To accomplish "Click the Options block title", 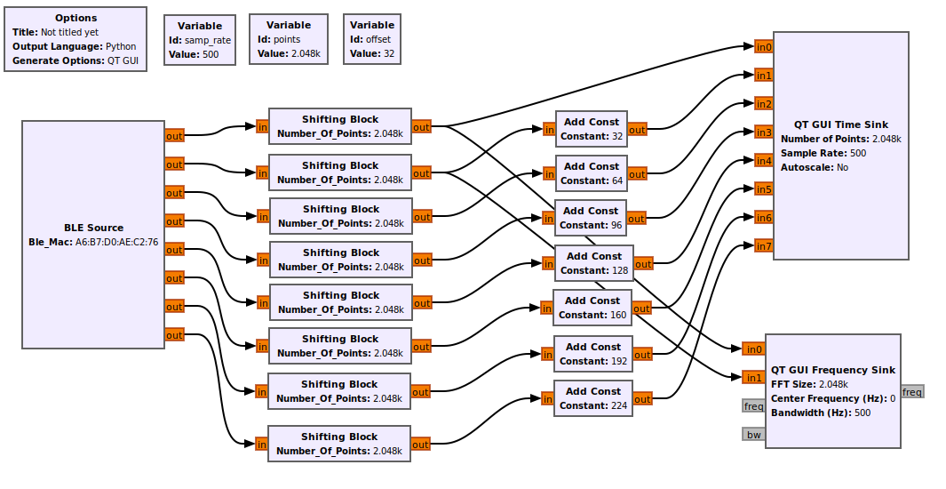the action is point(76,18).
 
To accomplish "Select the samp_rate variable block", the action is point(200,40).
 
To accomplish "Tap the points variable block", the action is point(289,39).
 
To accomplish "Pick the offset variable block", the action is point(371,39).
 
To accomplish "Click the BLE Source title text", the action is point(93,228).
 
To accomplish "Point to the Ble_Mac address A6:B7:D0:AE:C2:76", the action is point(117,242).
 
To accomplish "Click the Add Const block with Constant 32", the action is point(592,129).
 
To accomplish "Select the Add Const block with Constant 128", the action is point(593,263).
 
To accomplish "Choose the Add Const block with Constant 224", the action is point(593,398).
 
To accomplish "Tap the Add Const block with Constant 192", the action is point(593,354).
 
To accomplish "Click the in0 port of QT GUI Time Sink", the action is point(764,46).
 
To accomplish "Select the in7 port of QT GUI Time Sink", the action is point(764,245).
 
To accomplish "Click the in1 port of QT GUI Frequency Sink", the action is point(754,377).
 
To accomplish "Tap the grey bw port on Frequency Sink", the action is point(754,434).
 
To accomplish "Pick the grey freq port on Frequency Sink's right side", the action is point(912,392).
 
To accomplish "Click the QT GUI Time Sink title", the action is point(841,124).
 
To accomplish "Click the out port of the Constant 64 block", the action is point(637,174).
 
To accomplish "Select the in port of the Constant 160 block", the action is point(546,309).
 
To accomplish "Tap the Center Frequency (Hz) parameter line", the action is point(833,398).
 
